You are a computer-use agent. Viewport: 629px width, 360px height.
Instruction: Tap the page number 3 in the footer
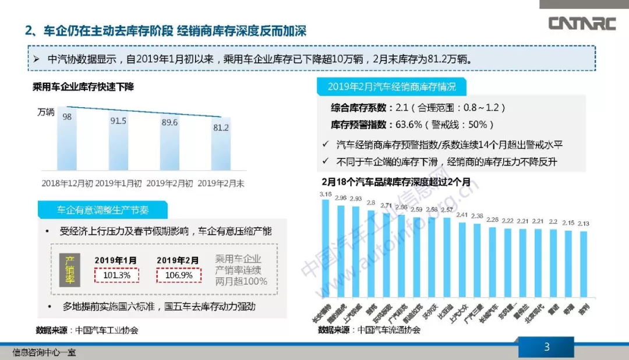click(x=546, y=348)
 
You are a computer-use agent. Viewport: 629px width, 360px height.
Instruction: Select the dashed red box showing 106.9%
click(x=178, y=274)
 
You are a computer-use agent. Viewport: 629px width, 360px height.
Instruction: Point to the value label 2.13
click(x=583, y=223)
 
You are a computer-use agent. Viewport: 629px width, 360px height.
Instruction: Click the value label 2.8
click(x=371, y=203)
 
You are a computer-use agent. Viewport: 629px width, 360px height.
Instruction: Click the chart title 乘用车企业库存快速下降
click(x=83, y=87)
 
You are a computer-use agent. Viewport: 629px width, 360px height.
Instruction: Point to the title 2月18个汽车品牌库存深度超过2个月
click(x=396, y=182)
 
